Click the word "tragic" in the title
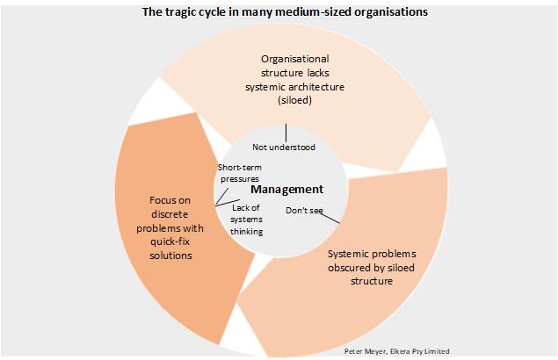coord(176,12)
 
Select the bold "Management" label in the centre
coord(286,190)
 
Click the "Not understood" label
coord(284,148)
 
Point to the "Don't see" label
coord(304,211)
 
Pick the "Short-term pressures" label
coord(240,173)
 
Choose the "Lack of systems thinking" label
coord(246,220)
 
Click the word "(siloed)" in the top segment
coord(294,100)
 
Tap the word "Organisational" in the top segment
coord(295,59)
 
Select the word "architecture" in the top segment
coord(316,87)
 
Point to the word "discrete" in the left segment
coord(170,214)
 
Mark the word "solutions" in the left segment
coord(170,256)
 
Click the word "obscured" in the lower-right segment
coord(347,268)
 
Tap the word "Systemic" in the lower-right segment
coord(344,254)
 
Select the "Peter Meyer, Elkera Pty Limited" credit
coord(397,351)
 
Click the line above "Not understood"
coord(286,133)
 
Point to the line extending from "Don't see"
coord(330,218)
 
